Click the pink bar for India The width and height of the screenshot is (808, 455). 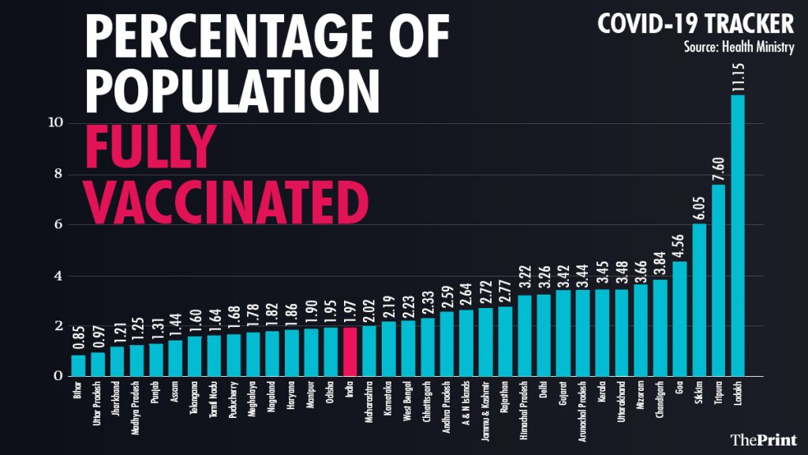[x=350, y=351]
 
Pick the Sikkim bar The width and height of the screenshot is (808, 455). [x=699, y=300]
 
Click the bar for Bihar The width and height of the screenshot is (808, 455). [x=78, y=366]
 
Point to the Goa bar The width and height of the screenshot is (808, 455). [x=679, y=319]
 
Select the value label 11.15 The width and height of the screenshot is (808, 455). [x=738, y=106]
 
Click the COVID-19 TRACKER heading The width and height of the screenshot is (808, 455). [x=695, y=23]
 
